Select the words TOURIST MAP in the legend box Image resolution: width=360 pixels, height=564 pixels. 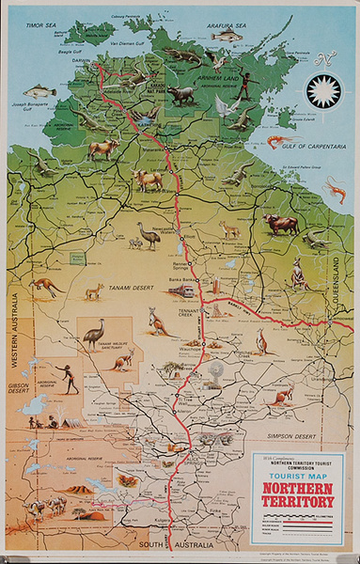pyautogui.click(x=297, y=477)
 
